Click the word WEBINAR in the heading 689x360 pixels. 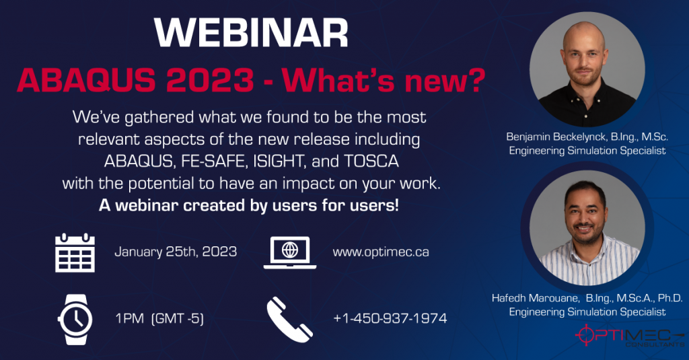point(250,32)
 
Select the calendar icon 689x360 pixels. point(75,252)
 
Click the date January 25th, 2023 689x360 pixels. point(176,252)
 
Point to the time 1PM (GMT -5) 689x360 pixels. point(159,318)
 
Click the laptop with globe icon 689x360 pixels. point(290,252)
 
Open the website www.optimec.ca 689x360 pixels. point(381,252)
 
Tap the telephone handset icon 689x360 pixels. point(289,317)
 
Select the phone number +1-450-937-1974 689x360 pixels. point(390,318)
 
